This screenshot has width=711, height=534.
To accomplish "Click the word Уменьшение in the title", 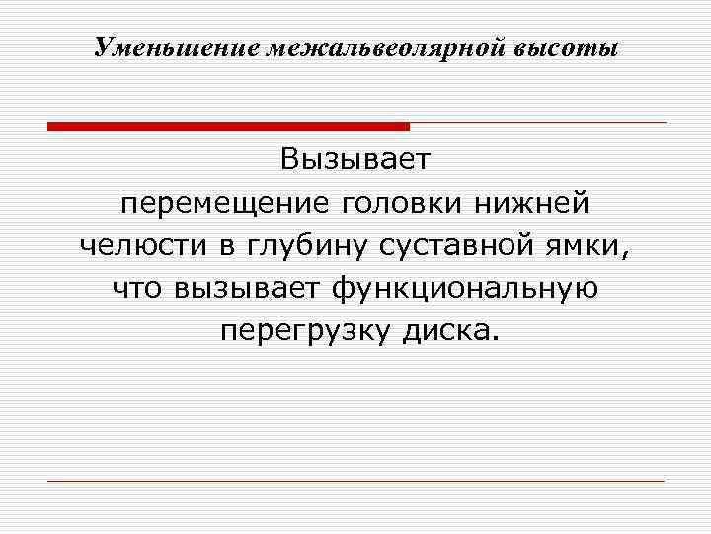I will [x=176, y=47].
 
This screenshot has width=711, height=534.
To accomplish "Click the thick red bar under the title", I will [x=228, y=126].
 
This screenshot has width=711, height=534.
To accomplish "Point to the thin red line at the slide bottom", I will [x=355, y=481].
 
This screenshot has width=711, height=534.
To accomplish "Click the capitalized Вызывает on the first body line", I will [x=355, y=159].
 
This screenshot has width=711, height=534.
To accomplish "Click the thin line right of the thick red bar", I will [x=538, y=123].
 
